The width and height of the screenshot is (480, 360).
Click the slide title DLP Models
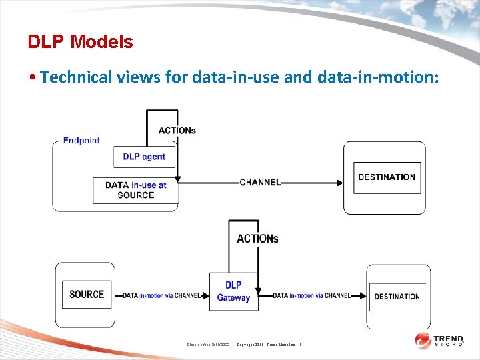80,42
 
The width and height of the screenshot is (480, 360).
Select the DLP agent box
144,157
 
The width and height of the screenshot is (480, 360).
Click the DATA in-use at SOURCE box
135,190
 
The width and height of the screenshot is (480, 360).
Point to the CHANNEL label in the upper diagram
260,182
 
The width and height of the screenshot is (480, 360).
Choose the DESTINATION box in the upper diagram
387,177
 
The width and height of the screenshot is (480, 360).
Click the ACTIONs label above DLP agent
177,131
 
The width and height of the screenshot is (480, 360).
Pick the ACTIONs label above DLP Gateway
257,239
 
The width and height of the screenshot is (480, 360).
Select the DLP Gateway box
233,291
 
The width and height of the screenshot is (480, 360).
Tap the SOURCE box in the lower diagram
87,294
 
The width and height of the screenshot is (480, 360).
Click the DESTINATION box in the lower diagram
397,297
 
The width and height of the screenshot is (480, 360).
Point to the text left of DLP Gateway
161,295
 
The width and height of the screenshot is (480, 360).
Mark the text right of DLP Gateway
311,295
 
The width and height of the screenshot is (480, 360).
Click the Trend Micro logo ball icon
423,341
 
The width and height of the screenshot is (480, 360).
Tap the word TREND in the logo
449,338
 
